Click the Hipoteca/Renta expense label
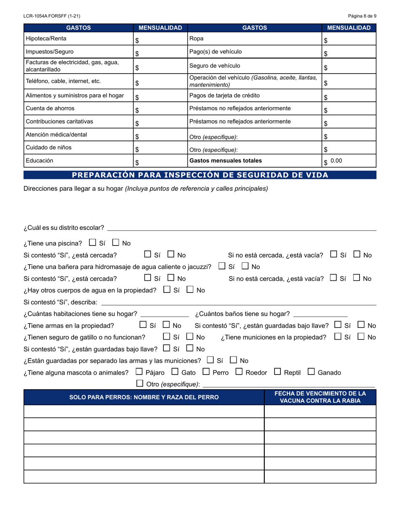coord(46,39)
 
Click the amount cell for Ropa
coord(349,39)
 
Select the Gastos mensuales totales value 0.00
coord(336,161)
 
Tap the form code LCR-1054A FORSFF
coord(52,16)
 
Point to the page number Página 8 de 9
coord(362,16)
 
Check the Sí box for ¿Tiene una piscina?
coord(93,243)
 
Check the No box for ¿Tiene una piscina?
coord(116,243)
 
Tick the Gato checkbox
coord(175,372)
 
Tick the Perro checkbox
coord(206,372)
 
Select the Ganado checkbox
coord(311,372)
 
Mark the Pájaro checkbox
coord(139,372)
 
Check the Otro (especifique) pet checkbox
coord(140,383)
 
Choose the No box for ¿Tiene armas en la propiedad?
coord(166,324)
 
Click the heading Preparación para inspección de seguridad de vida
coord(200,175)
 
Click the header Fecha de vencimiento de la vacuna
coord(320,397)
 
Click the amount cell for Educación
coord(160,161)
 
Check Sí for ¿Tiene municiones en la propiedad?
coord(338,336)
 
